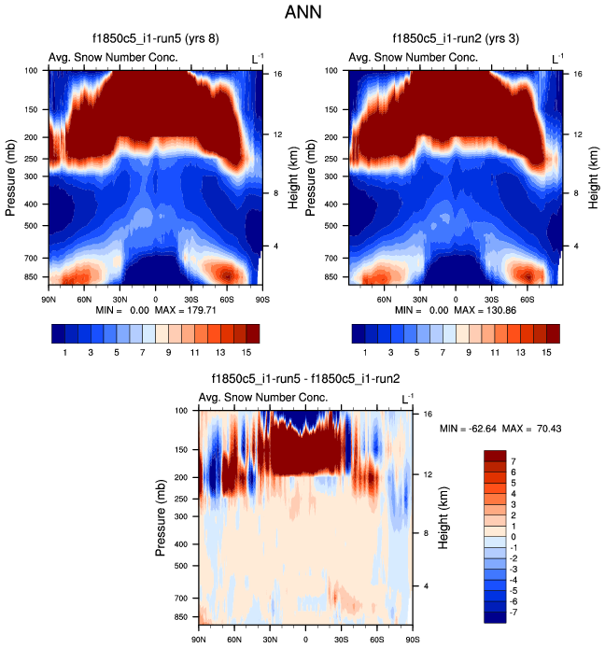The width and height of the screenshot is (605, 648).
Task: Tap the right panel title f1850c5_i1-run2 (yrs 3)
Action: tap(455, 39)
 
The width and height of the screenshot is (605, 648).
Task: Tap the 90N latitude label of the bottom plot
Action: tap(199, 639)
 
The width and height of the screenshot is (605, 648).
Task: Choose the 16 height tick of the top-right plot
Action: tap(578, 74)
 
